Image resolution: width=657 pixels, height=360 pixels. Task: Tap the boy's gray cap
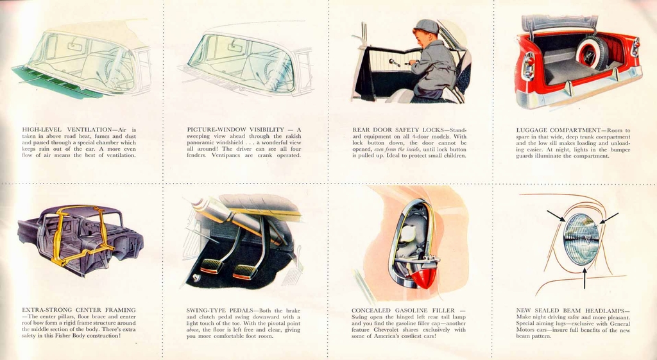pos(426,26)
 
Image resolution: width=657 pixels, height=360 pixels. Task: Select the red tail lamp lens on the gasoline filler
pos(424,276)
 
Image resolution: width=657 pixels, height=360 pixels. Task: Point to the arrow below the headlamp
pos(584,277)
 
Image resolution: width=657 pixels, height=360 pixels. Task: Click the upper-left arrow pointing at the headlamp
pos(556,216)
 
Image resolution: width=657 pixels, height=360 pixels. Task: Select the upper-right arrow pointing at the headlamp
pos(610,218)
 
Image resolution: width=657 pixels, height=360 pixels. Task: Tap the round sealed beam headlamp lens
pos(581,239)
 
